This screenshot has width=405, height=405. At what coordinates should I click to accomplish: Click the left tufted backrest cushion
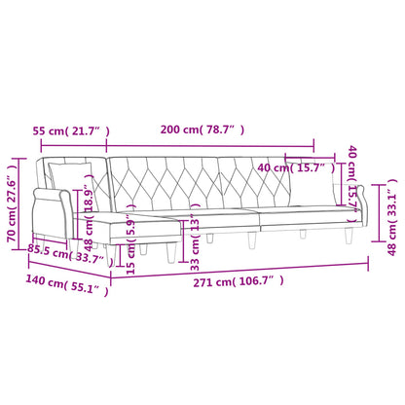click(x=161, y=180)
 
